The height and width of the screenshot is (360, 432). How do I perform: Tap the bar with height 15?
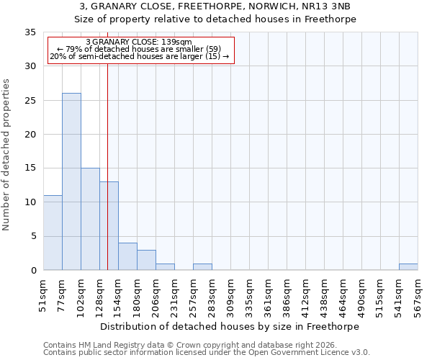tap(90, 219)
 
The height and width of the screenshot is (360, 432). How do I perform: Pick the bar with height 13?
tap(109, 225)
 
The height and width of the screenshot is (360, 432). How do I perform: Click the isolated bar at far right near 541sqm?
tap(408, 266)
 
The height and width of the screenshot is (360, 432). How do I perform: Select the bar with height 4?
tap(127, 256)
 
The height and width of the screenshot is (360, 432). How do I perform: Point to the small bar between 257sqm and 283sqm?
tap(202, 266)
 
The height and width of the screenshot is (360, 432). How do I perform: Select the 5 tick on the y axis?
tap(32, 237)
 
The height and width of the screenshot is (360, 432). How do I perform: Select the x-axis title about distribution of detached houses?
tap(229, 326)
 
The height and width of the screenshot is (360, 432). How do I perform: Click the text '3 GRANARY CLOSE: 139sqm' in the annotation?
tap(139, 42)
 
